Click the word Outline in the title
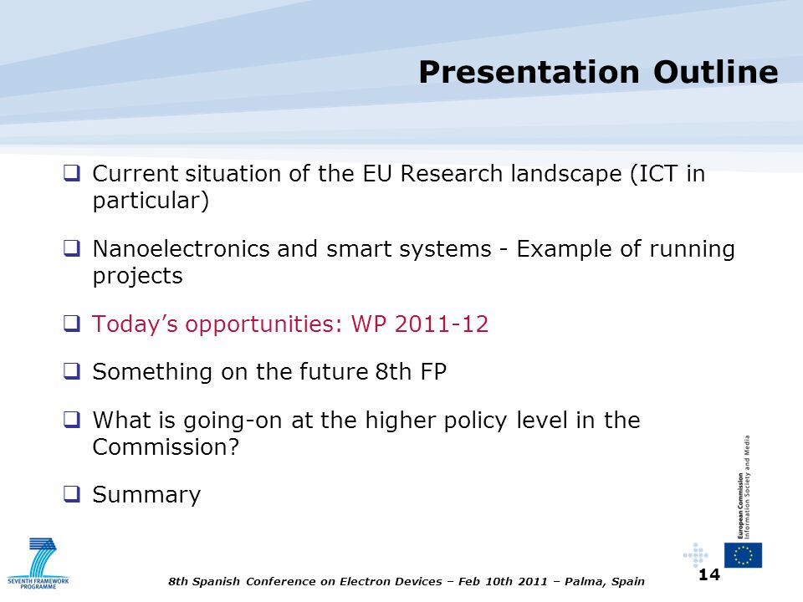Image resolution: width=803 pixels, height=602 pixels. click(716, 72)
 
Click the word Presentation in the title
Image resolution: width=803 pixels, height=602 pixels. click(529, 72)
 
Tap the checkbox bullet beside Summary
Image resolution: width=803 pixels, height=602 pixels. click(72, 493)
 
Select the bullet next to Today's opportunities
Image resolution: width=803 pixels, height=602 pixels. click(72, 323)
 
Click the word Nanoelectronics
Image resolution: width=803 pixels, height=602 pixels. click(181, 249)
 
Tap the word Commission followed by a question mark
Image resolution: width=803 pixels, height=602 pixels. click(166, 446)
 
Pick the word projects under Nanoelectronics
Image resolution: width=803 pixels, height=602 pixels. click(138, 276)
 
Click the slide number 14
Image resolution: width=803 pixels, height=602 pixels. click(709, 575)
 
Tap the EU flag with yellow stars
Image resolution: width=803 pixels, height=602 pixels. click(743, 555)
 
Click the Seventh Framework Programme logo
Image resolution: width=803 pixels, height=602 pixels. click(38, 563)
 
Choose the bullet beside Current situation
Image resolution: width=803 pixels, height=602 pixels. click(72, 172)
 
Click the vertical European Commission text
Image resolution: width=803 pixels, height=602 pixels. click(743, 487)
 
